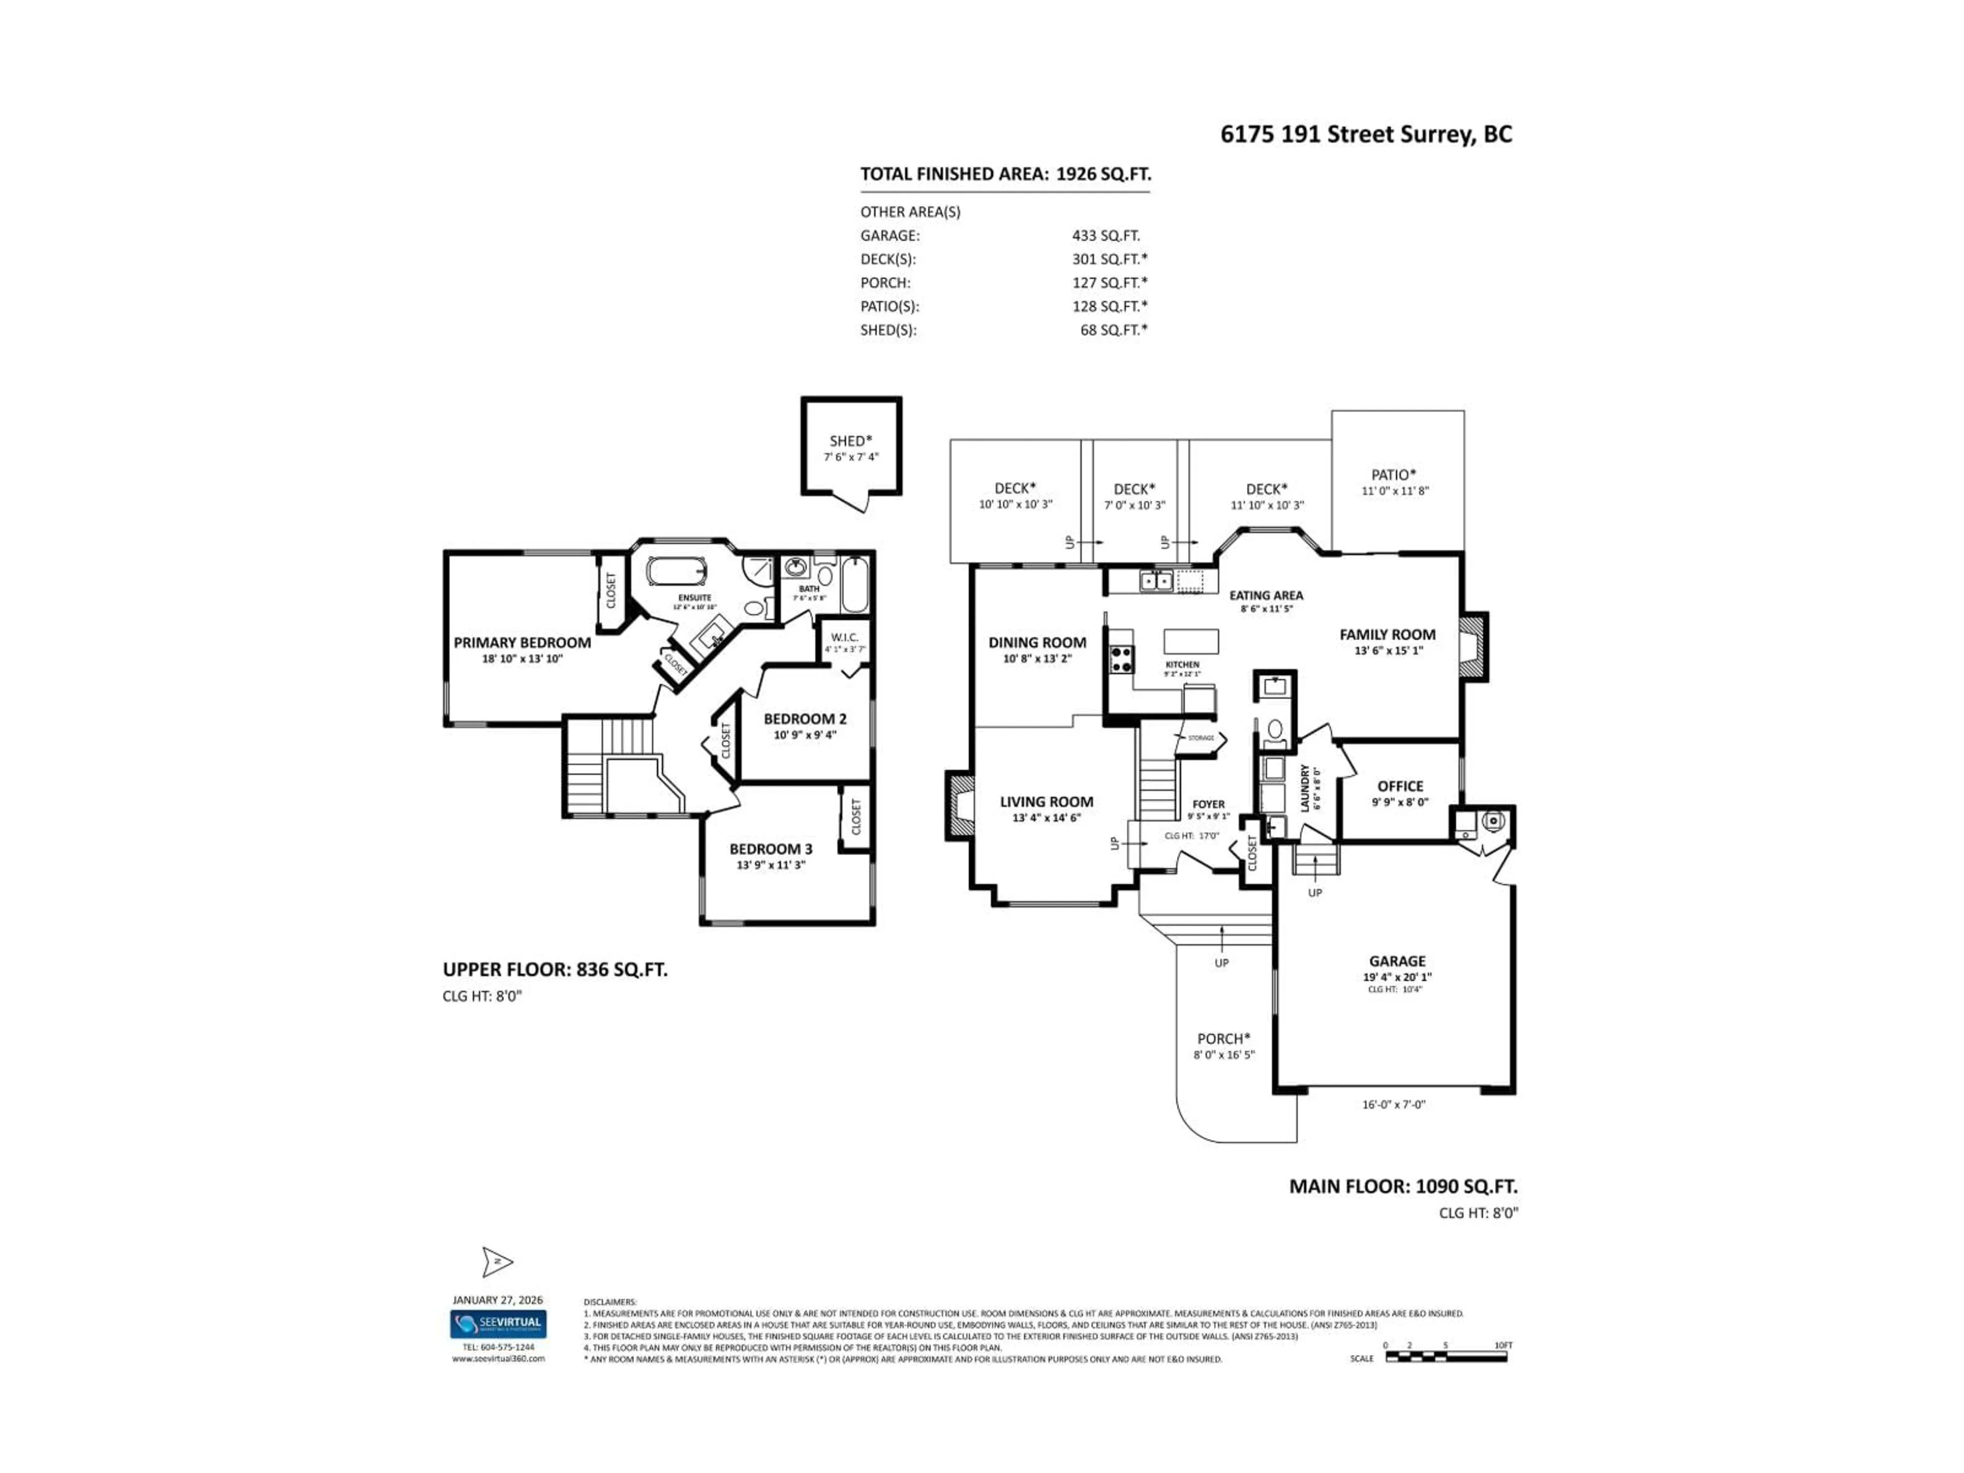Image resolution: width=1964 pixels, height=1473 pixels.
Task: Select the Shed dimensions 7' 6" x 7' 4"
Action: [x=851, y=457]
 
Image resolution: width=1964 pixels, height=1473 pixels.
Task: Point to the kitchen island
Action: [x=1191, y=641]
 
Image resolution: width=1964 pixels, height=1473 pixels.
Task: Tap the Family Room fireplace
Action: [x=1473, y=648]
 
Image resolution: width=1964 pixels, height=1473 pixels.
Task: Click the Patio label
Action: [x=1394, y=475]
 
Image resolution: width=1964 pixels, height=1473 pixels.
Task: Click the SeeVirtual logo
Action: [x=498, y=1324]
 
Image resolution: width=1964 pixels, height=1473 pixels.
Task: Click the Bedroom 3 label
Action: [x=771, y=850]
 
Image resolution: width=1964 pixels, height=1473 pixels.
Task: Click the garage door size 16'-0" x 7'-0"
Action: [x=1393, y=1105]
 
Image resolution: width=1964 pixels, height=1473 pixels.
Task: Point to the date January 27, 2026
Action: [x=497, y=1300]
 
